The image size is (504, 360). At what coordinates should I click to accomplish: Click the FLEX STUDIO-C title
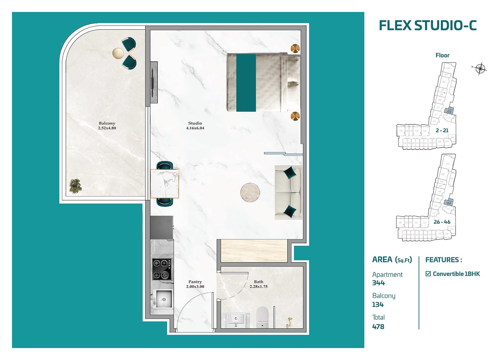[x=427, y=26]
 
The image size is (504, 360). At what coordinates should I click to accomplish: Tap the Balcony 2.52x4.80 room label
[x=107, y=126]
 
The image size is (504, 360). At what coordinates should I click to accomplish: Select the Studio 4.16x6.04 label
[x=195, y=126]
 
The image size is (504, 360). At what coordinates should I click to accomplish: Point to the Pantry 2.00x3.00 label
[x=195, y=284]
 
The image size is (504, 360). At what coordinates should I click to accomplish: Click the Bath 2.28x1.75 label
[x=258, y=284]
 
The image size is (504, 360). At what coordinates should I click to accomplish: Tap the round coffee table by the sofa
[x=250, y=193]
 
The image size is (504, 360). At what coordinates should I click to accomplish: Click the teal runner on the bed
[x=246, y=83]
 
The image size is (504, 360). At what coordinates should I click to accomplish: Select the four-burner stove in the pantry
[x=162, y=269]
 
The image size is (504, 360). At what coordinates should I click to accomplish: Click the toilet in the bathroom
[x=262, y=318]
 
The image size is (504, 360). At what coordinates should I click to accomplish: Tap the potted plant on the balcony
[x=75, y=186]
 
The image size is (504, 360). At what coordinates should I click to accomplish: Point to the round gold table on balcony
[x=118, y=53]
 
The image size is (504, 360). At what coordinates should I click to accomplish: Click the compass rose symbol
[x=480, y=69]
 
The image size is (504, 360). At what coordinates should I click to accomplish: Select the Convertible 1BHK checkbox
[x=428, y=274]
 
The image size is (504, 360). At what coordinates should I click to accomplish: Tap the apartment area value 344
[x=378, y=283]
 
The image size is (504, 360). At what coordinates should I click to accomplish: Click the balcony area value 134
[x=378, y=305]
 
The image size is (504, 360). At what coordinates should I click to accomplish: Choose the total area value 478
[x=378, y=326]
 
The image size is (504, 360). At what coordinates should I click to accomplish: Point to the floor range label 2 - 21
[x=442, y=130]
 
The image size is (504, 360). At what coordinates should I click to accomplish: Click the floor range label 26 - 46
[x=442, y=222]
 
